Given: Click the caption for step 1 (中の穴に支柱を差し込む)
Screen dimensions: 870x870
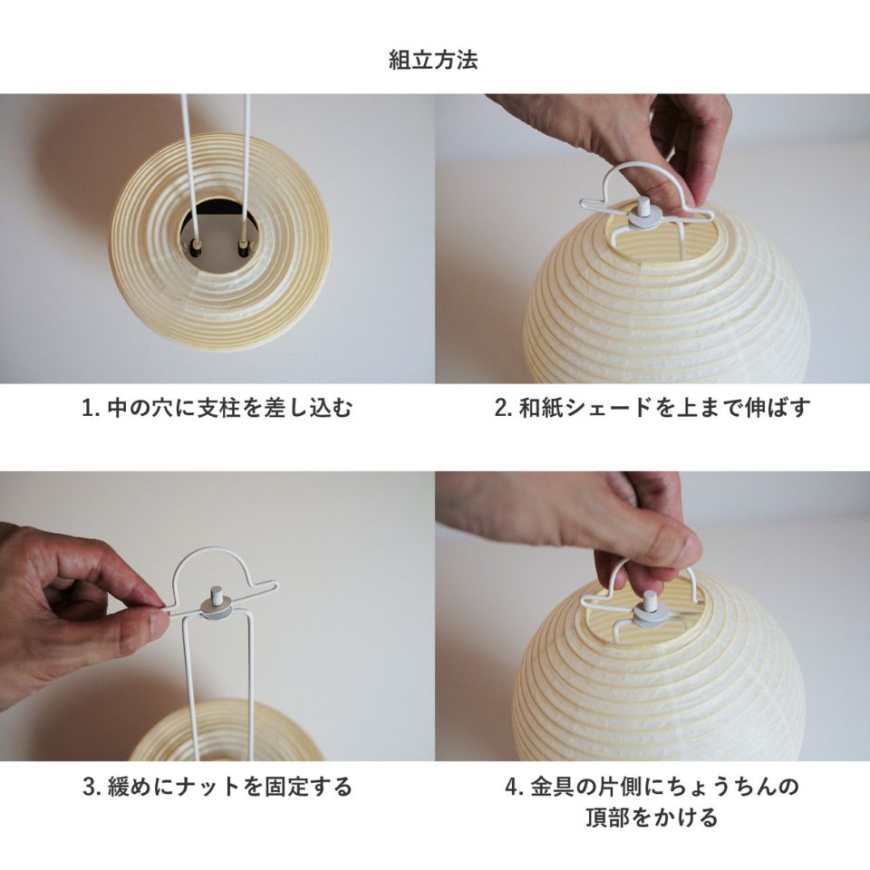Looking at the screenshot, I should [217, 408].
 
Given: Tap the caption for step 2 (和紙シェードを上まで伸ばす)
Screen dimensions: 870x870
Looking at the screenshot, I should [652, 408].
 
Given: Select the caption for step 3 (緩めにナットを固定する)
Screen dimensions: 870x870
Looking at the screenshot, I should [217, 786].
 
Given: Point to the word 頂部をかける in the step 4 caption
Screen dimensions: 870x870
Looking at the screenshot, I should [652, 817].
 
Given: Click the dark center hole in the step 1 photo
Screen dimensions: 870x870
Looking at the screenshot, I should [219, 237].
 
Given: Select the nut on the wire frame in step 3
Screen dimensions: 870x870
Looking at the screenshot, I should [217, 604].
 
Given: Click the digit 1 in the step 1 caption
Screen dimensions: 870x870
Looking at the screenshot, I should [88, 408].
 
